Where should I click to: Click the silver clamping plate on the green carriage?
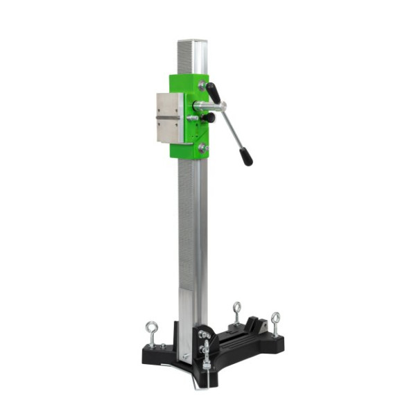(169, 118)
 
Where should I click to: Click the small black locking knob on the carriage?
(208, 118)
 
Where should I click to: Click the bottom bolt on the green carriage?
(202, 147)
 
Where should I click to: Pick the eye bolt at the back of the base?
(237, 309)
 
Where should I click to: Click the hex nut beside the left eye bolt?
(164, 345)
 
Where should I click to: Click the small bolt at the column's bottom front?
(186, 356)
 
